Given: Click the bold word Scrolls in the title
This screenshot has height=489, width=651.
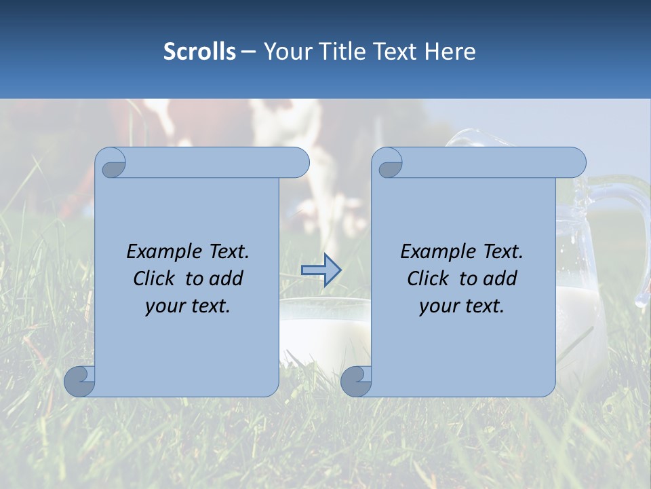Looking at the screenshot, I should click(199, 52).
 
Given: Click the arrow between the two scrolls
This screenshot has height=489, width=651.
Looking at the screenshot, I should click(321, 270).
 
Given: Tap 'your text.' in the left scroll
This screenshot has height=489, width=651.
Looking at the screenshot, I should click(188, 306).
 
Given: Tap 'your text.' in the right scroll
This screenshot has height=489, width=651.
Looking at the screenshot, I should click(462, 306).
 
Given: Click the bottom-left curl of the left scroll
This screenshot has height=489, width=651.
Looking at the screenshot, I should click(79, 381).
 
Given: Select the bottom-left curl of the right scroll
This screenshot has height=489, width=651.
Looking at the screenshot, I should click(355, 381).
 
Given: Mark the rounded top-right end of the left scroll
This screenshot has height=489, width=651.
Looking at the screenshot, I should click(298, 163).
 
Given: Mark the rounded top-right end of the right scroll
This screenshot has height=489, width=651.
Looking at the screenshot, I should click(575, 163).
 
